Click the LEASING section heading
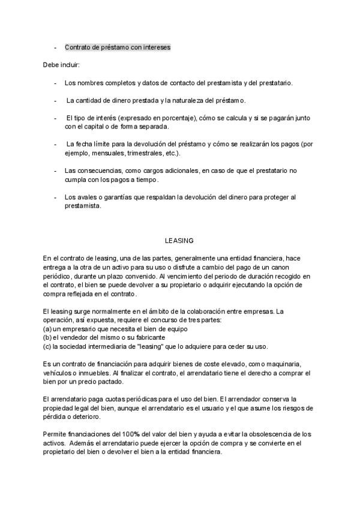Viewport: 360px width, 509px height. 179,241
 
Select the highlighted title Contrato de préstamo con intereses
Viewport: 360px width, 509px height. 118,47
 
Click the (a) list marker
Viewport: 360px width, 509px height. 47,329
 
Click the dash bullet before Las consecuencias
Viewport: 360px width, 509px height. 55,170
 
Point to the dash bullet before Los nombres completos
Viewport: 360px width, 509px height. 55,83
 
